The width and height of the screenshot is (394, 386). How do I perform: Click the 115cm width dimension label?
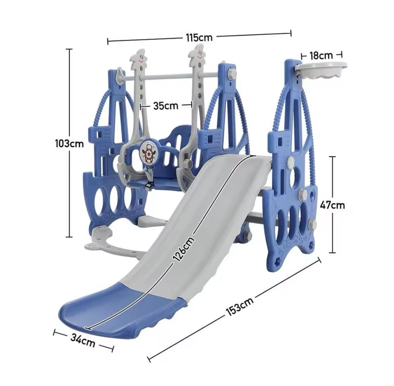point(199,38)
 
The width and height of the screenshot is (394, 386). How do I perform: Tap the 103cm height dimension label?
point(69,144)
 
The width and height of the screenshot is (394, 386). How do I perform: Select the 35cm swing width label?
point(166,106)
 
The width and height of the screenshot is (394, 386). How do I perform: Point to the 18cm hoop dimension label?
point(321,55)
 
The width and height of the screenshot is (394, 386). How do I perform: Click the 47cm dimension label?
point(332,205)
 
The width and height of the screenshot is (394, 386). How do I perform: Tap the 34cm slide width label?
point(83,340)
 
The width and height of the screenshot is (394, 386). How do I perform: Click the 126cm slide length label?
point(184,248)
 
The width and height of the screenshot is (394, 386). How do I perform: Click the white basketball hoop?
point(321,70)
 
